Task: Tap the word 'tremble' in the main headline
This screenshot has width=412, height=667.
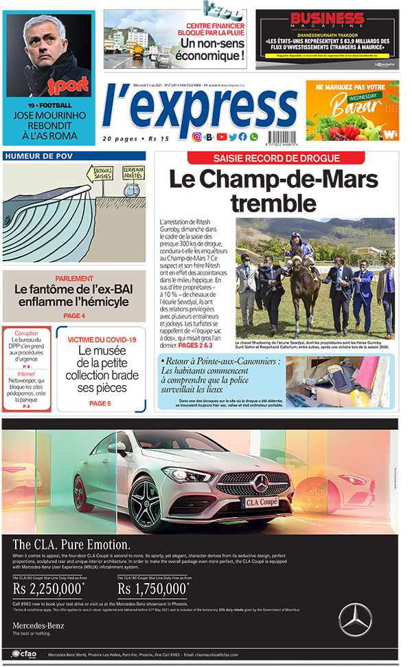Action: click(273, 203)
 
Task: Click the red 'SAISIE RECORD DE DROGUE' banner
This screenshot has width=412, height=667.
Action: click(276, 158)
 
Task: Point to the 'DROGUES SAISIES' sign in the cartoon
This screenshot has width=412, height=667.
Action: click(103, 173)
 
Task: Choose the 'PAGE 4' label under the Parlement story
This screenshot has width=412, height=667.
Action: click(74, 316)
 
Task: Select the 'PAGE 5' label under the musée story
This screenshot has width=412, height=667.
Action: click(100, 404)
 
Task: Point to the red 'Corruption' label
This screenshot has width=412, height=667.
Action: click(26, 332)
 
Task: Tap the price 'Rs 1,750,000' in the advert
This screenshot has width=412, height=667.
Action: click(153, 589)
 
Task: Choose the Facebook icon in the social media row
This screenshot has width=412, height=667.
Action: click(242, 137)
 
